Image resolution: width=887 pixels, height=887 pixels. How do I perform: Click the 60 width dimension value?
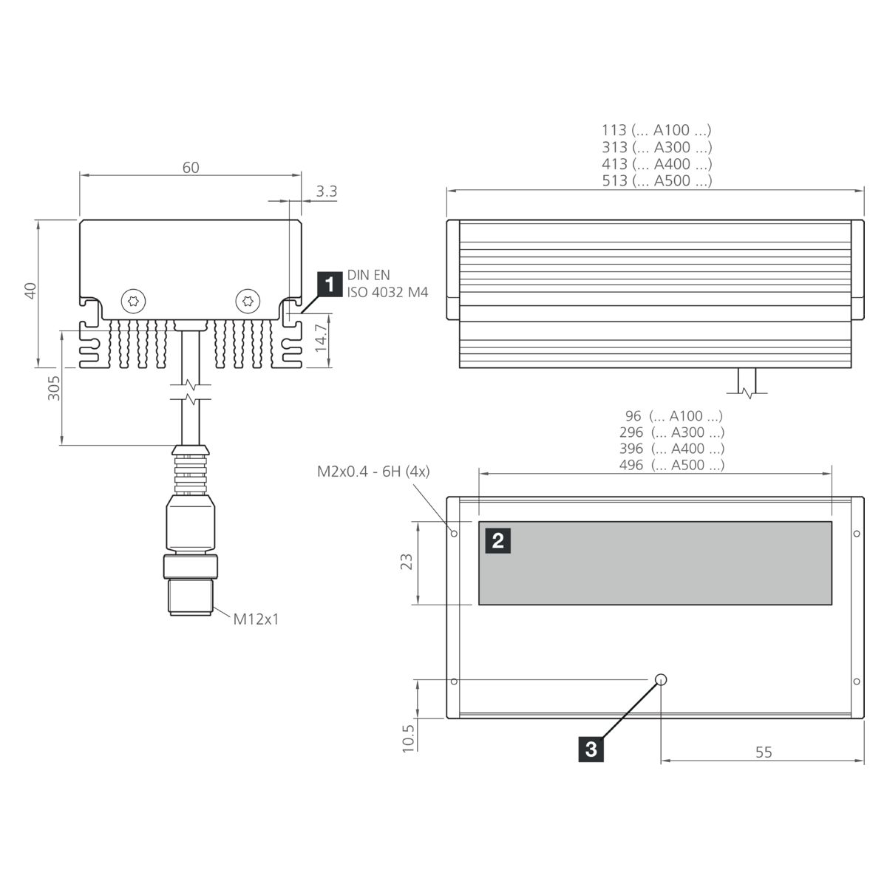191,168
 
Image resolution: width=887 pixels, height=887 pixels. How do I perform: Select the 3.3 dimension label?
327,191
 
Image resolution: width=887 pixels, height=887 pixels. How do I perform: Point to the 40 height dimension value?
30,291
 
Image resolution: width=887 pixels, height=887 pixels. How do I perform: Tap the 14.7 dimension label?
321,337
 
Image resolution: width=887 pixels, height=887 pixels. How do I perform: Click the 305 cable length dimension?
54,388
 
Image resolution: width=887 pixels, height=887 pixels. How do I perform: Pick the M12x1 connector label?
256,619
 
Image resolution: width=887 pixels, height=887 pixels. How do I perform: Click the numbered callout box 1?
330,285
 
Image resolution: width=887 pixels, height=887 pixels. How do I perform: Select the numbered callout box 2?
498,540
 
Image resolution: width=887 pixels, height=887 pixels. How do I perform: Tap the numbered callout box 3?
591,750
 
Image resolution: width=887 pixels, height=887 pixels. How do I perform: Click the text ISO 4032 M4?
387,292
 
